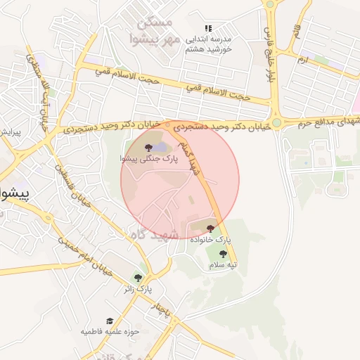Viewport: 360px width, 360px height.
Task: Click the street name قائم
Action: point(295,31)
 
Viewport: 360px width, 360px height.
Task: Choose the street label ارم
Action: point(303,60)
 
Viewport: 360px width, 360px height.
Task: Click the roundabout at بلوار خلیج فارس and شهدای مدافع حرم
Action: point(276,122)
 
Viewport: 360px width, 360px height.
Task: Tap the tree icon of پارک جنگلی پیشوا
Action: point(148,147)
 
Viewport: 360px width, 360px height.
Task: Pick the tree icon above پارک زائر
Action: point(138,277)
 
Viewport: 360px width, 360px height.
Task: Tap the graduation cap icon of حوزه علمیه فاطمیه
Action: point(109,321)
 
